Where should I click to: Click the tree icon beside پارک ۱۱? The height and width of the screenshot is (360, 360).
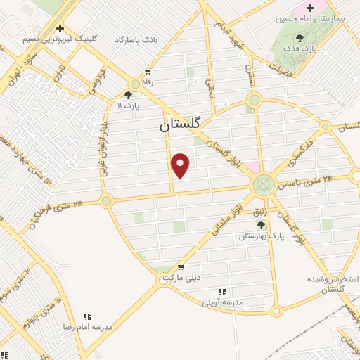[x=128, y=94]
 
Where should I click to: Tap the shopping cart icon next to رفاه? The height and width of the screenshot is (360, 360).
[x=148, y=71]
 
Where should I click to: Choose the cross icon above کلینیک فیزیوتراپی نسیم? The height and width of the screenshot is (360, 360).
[x=60, y=29]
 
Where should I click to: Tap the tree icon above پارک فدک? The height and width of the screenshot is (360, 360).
[x=301, y=37]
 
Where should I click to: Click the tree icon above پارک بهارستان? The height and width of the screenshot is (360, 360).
[x=262, y=225]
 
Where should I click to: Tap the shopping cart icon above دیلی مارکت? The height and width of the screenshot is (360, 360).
[x=181, y=266]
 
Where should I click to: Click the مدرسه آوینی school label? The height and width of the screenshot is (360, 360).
[x=222, y=302]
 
